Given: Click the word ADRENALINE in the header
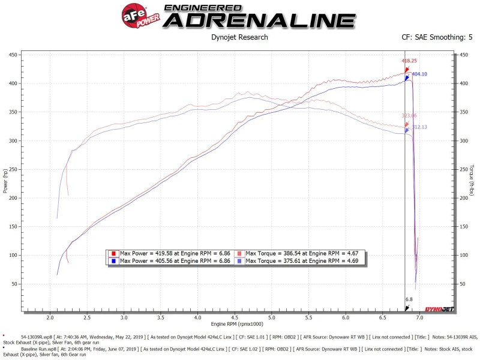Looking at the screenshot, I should pyautogui.click(x=259, y=20).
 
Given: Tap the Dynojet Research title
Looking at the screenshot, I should pyautogui.click(x=239, y=37).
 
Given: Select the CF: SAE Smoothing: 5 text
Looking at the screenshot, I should pyautogui.click(x=437, y=37).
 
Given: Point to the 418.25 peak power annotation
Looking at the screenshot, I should pyautogui.click(x=409, y=61).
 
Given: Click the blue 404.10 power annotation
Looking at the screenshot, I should pyautogui.click(x=419, y=74).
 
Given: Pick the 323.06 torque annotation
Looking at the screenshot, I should pyautogui.click(x=409, y=115).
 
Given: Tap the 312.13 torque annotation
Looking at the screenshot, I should pyautogui.click(x=420, y=127).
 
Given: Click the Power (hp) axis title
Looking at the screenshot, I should pyautogui.click(x=6, y=180).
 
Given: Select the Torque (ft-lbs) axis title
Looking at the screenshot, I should pyautogui.click(x=472, y=180).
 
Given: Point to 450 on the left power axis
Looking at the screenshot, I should pyautogui.click(x=13, y=55).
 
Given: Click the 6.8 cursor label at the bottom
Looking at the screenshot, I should pyautogui.click(x=409, y=299).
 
